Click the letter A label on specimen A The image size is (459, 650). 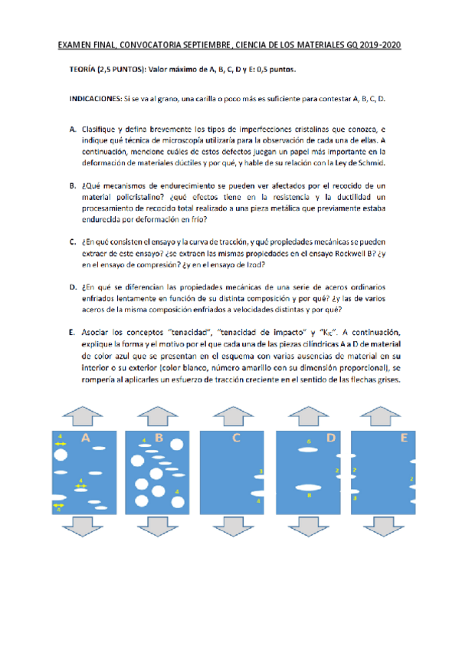pyautogui.click(x=87, y=438)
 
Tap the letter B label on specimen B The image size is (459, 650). pyautogui.click(x=159, y=438)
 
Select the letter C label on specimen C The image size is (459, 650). pyautogui.click(x=237, y=438)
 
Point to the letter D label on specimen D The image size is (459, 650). pyautogui.click(x=331, y=438)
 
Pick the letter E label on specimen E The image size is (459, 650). pyautogui.click(x=404, y=438)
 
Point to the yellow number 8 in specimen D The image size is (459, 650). pyautogui.click(x=309, y=496)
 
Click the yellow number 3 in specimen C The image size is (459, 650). pyautogui.click(x=261, y=471)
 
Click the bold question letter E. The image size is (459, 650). pyautogui.click(x=71, y=333)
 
